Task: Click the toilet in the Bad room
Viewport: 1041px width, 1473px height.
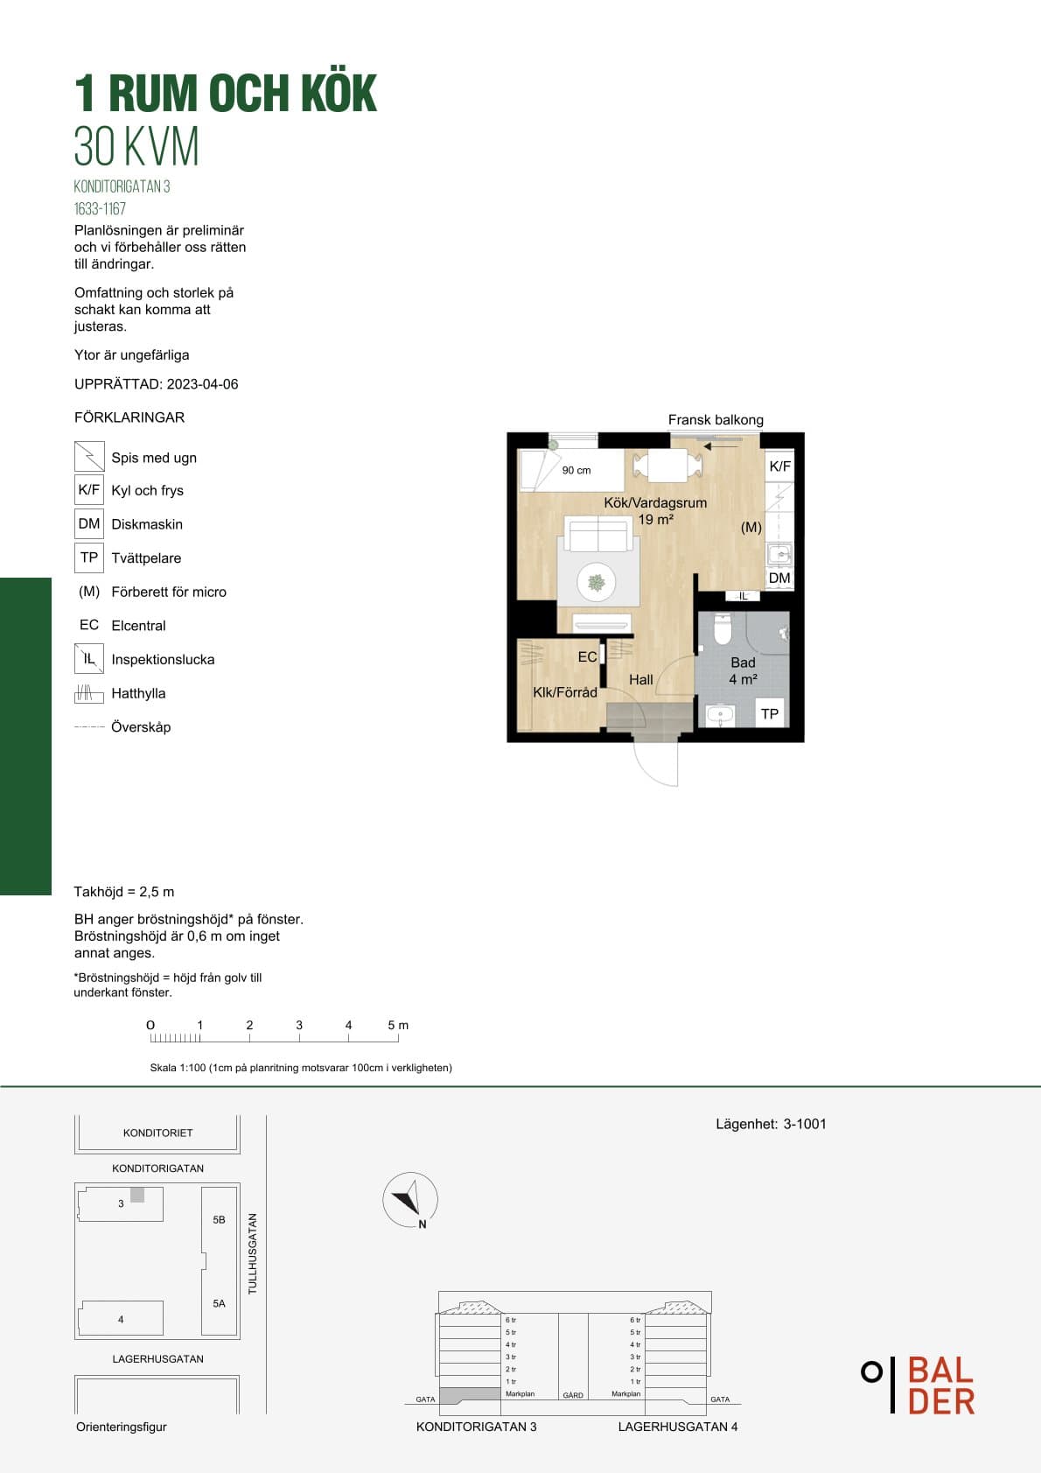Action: coord(723,629)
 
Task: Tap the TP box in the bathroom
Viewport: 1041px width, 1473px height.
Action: coord(770,713)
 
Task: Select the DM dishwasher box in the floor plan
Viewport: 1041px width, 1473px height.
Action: coord(779,578)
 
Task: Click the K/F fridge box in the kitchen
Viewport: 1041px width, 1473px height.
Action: coord(780,466)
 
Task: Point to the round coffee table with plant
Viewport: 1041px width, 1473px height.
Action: coord(596,582)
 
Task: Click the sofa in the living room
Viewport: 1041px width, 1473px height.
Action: coord(598,535)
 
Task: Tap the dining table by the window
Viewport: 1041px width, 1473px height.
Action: coord(667,465)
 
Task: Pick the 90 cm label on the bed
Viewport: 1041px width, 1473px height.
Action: coord(576,470)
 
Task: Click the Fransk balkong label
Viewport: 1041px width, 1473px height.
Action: coord(716,419)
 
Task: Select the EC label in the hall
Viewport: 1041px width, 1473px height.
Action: coord(587,656)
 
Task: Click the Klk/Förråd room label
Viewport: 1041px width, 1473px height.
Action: coord(565,691)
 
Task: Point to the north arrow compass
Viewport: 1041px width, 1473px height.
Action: coord(410,1199)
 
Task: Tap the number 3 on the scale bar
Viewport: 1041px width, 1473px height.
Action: coord(299,1025)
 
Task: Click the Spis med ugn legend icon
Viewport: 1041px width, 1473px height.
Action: coord(89,456)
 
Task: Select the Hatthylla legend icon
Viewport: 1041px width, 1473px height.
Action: coord(88,693)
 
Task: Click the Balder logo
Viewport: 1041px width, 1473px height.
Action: coord(919,1385)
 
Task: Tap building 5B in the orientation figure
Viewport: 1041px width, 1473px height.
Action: coord(219,1219)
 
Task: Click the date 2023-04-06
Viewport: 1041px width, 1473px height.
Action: coord(202,384)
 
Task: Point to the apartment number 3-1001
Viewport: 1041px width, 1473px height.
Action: coord(805,1124)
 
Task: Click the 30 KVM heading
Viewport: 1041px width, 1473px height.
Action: coord(136,146)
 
